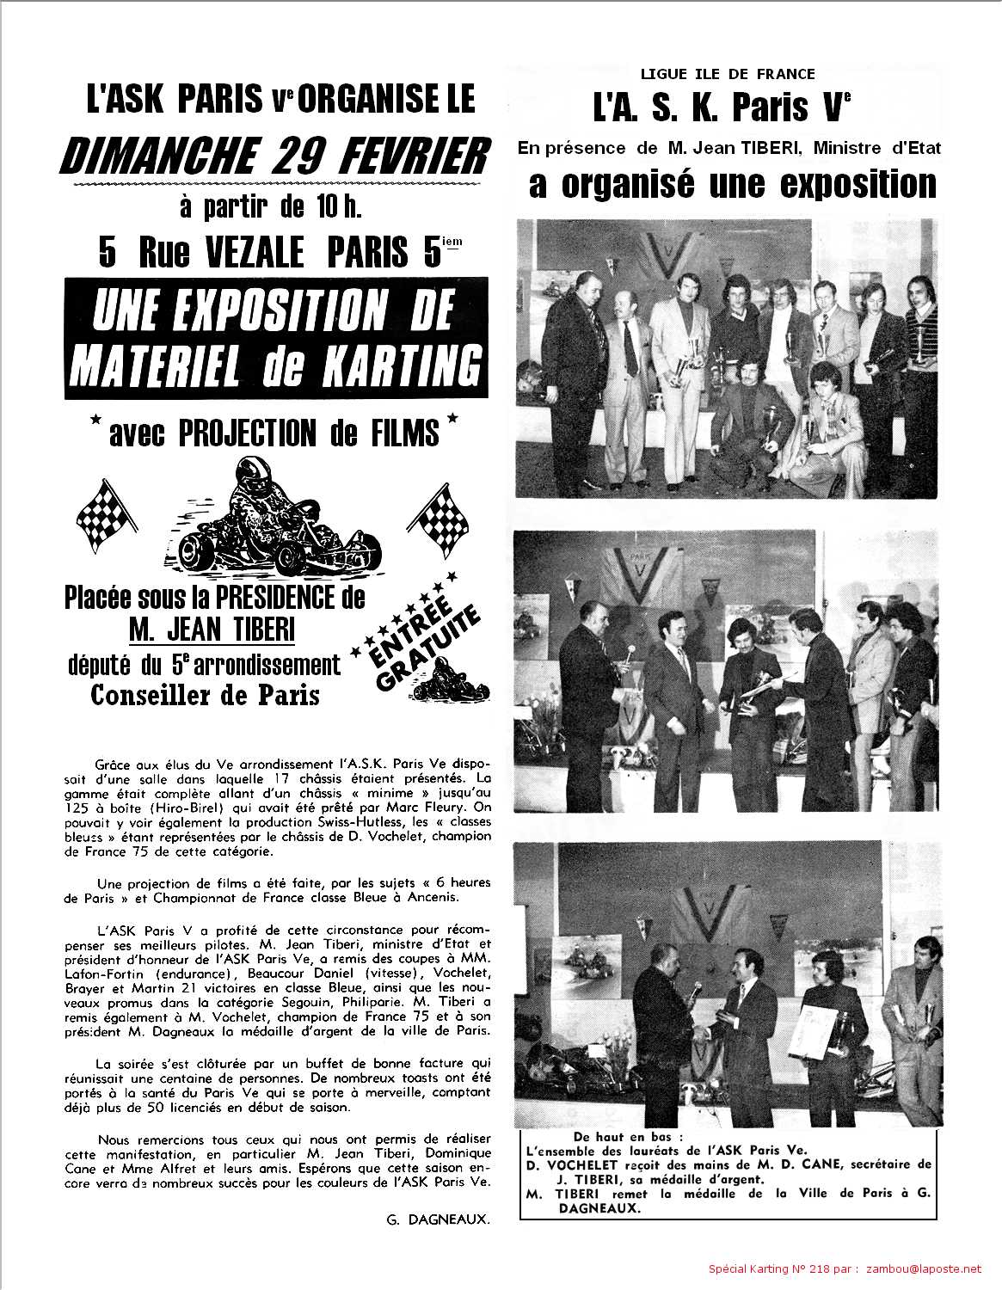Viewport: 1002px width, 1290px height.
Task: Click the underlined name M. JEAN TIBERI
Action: point(212,630)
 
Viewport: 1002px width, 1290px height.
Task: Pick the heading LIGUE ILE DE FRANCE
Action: point(728,75)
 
